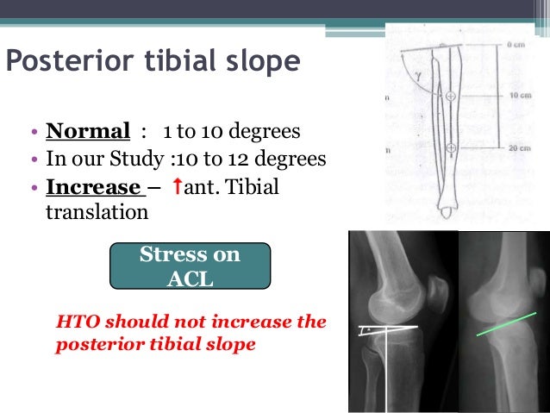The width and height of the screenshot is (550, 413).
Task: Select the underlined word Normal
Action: click(x=87, y=133)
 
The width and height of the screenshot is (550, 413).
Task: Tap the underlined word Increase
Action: click(x=93, y=187)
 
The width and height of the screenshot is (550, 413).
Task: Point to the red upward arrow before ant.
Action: click(x=177, y=186)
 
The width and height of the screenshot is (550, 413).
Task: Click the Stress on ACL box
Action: click(x=190, y=266)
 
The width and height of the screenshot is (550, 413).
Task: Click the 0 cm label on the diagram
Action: click(x=516, y=43)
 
